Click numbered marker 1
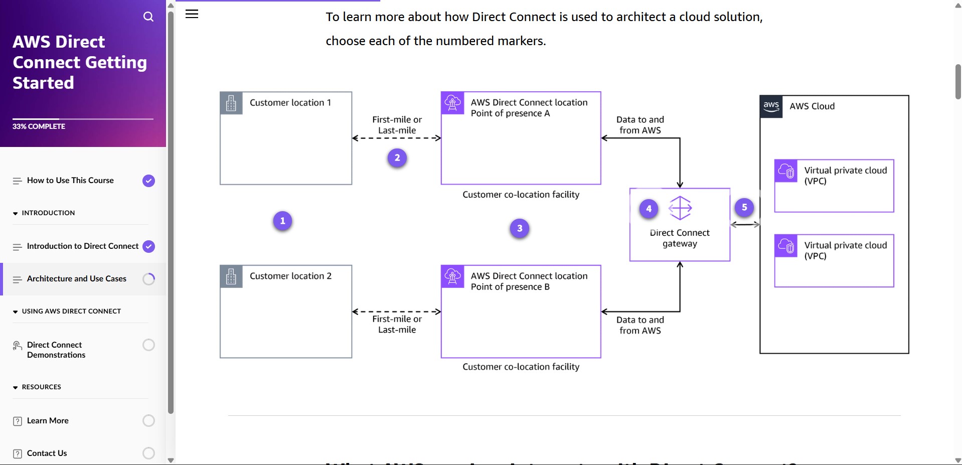(x=282, y=221)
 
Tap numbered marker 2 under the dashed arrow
(x=397, y=158)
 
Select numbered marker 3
(x=520, y=228)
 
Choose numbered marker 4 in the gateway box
(x=649, y=209)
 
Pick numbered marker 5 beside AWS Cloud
(x=744, y=207)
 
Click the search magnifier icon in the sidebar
(x=148, y=17)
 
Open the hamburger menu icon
(x=192, y=14)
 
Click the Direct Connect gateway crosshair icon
(x=680, y=208)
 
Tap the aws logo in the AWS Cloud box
(x=771, y=106)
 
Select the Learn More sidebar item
(x=48, y=420)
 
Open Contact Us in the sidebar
(x=47, y=453)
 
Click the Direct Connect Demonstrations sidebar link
(x=56, y=350)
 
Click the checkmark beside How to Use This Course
(x=148, y=181)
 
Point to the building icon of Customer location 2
(x=231, y=276)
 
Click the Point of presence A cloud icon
(x=452, y=103)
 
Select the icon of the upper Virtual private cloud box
(x=786, y=171)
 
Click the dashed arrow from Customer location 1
(x=396, y=138)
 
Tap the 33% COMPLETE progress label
(x=39, y=126)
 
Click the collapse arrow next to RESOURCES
(x=16, y=387)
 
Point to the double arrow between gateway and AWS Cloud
(x=745, y=225)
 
